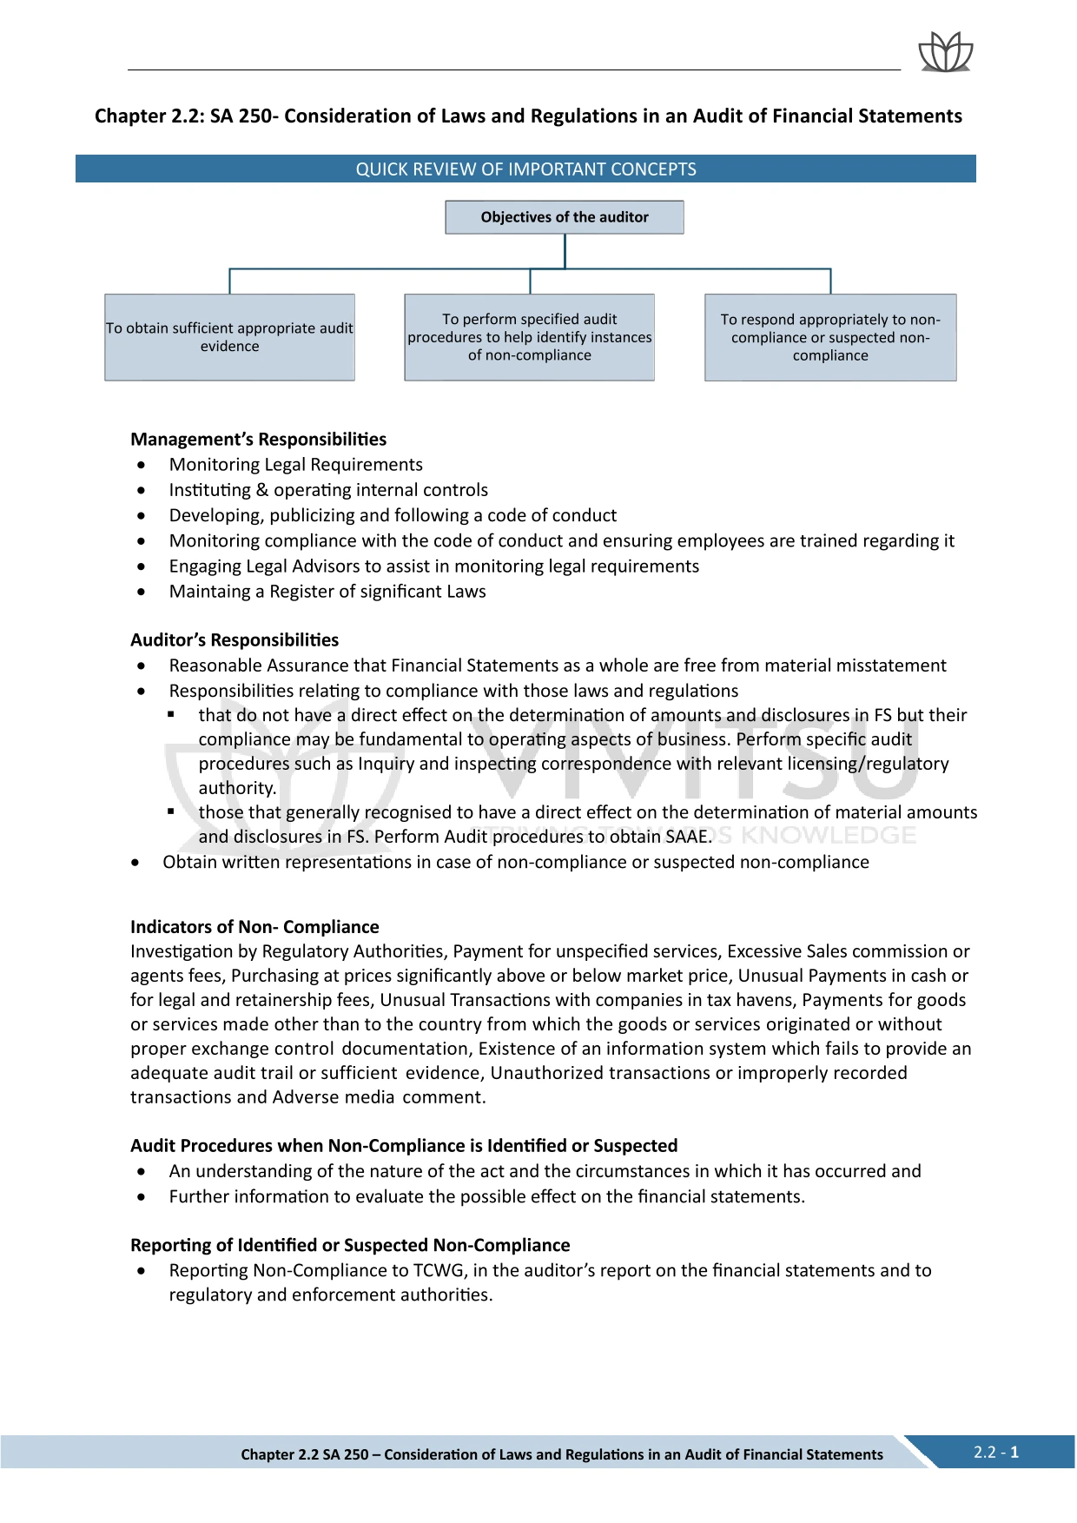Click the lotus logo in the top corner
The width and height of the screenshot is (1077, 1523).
(x=945, y=52)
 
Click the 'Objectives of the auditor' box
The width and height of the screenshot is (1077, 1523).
(x=565, y=217)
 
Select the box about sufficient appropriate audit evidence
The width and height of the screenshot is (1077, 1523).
(x=229, y=337)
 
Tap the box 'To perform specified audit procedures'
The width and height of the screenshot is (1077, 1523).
(x=529, y=337)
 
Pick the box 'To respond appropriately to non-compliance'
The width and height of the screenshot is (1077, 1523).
(x=830, y=337)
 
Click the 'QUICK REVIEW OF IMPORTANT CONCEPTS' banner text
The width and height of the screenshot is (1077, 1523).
(x=525, y=169)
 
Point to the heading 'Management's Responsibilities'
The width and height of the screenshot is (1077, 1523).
(x=258, y=440)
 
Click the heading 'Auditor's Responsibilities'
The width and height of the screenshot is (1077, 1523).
(x=235, y=640)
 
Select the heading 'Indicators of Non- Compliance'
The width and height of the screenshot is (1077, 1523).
(x=254, y=927)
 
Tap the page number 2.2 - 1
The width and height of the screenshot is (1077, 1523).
(x=996, y=1452)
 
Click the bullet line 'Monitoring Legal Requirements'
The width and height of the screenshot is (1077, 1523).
(x=295, y=465)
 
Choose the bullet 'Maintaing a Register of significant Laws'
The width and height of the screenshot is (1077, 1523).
(x=327, y=592)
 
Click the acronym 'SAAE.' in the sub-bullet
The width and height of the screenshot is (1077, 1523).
(x=686, y=837)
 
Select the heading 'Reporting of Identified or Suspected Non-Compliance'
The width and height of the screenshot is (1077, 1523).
(x=350, y=1246)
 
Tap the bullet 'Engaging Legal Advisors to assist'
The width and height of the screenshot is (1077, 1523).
(x=433, y=566)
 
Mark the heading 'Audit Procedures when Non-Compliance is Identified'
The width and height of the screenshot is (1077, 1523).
(x=404, y=1146)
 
